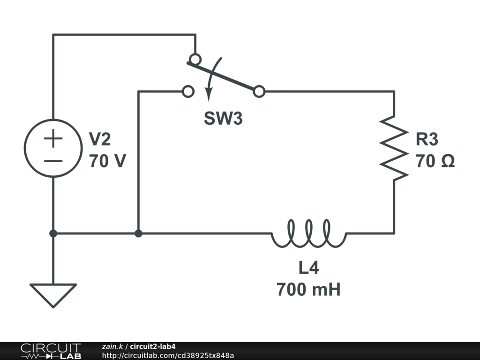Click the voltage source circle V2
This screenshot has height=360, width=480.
(53, 149)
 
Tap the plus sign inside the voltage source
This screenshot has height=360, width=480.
(53, 139)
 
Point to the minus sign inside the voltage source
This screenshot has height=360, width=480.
(53, 161)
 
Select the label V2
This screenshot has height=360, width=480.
(100, 139)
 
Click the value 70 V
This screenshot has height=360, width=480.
(107, 161)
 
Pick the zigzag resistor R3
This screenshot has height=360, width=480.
(394, 148)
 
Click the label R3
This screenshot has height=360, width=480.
(427, 139)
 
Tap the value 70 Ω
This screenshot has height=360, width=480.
(435, 161)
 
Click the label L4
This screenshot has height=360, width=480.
(308, 268)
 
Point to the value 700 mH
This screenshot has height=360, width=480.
(308, 289)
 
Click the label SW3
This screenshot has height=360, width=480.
(223, 119)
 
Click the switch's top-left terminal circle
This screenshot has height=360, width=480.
(195, 60)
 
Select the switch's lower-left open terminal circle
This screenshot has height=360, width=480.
(187, 91)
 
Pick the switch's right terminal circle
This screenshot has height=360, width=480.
(259, 91)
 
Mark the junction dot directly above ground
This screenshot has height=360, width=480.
(53, 233)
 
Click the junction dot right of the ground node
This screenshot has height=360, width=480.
(138, 233)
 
